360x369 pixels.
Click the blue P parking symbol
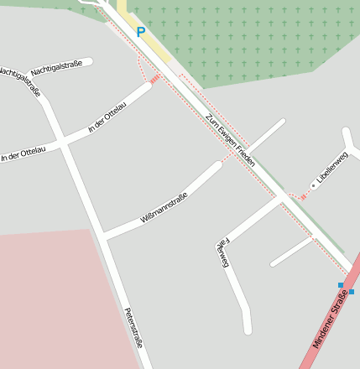click(140, 33)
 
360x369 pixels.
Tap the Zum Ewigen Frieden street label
click(229, 138)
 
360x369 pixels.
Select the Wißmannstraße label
click(164, 207)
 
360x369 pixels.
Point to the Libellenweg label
click(331, 169)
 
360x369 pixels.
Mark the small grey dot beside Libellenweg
click(313, 184)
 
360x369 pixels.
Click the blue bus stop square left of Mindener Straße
click(341, 285)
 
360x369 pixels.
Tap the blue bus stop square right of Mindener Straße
click(352, 291)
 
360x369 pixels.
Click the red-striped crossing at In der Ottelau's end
click(155, 79)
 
